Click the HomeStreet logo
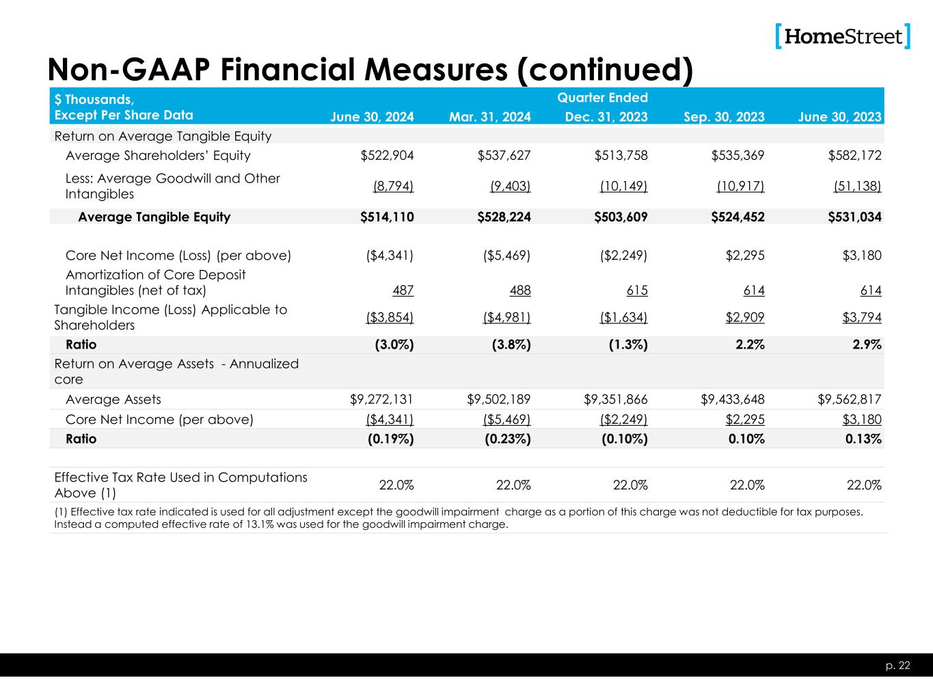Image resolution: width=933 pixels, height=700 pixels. [843, 36]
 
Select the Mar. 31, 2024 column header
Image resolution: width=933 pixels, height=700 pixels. [489, 117]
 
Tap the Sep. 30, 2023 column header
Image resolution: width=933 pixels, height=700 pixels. [724, 117]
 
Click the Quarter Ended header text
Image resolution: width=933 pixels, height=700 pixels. [602, 98]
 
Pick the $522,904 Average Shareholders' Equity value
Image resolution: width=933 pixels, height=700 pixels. [387, 156]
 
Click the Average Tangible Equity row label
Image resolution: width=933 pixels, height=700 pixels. [154, 217]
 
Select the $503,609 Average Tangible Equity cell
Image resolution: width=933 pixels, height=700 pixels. [621, 217]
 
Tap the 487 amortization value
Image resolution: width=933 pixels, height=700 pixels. [403, 291]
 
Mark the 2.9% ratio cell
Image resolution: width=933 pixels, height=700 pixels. [865, 345]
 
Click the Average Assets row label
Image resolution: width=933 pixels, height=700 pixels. [113, 399]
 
